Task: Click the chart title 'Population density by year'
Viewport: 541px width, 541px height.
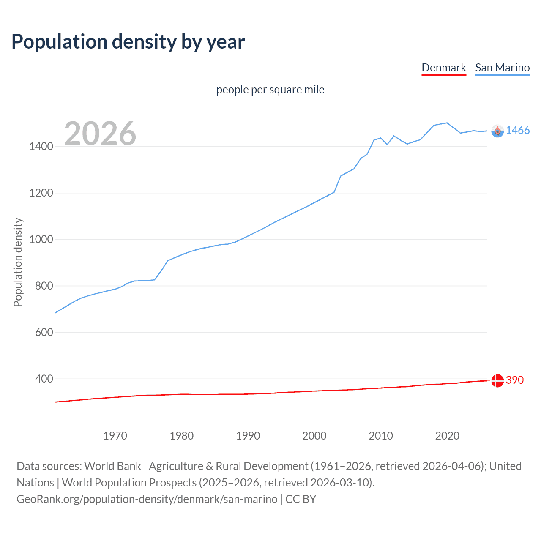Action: (x=128, y=42)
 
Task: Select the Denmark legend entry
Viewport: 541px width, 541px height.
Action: (x=444, y=68)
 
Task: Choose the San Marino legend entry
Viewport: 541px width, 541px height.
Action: (x=502, y=68)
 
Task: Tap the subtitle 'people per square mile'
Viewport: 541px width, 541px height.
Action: (x=270, y=90)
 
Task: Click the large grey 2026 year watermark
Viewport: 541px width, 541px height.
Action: (x=100, y=134)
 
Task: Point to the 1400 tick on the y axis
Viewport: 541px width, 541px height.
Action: (x=41, y=147)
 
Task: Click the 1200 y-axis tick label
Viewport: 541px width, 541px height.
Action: (x=41, y=193)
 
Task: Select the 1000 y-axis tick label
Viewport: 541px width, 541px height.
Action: (x=41, y=240)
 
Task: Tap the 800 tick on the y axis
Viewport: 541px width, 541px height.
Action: (x=44, y=286)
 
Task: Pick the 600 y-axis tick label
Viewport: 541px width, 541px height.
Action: (x=44, y=333)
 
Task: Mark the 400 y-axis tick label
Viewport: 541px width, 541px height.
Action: (x=44, y=379)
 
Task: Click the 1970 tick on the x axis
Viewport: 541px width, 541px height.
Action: (x=115, y=436)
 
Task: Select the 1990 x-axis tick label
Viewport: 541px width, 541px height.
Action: (x=248, y=436)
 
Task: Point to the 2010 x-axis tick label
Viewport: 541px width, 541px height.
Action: (x=381, y=436)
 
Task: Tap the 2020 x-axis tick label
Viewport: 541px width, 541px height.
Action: (x=447, y=436)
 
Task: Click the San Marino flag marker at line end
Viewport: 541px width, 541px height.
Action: (x=497, y=131)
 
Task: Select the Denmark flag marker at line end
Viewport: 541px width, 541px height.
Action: (x=497, y=380)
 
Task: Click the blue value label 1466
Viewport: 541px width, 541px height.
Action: (x=518, y=131)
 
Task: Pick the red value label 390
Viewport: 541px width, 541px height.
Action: (x=515, y=380)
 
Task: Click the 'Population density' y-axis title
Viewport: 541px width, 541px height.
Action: (x=18, y=262)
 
